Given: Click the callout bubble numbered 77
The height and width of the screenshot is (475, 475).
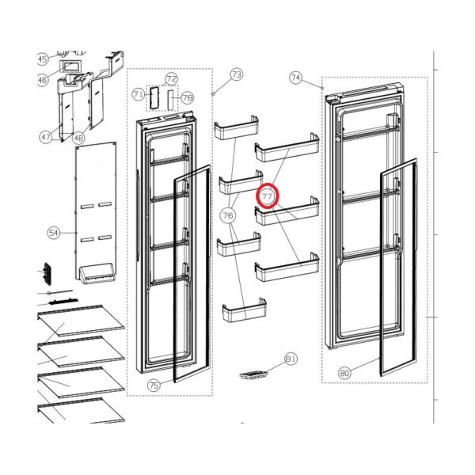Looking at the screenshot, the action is tap(268, 196).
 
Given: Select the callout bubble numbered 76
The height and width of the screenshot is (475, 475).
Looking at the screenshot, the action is tap(228, 215).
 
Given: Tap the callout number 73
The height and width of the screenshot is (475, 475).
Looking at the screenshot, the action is tap(237, 74).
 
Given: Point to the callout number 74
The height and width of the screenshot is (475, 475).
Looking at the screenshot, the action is tap(295, 78).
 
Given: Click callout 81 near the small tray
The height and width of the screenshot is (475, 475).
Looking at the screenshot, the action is tap(291, 359).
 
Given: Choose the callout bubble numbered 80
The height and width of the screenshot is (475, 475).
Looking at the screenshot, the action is tap(344, 373).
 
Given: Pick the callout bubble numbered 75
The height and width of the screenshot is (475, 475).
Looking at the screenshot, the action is tap(154, 386).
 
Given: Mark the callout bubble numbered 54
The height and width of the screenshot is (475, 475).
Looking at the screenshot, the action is tap(53, 233).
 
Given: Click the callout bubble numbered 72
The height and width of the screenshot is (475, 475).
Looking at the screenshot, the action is tap(172, 79).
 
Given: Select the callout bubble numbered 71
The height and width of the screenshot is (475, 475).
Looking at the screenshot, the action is tap(138, 94).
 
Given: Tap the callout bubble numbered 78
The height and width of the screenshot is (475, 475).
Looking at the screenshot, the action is tap(188, 97).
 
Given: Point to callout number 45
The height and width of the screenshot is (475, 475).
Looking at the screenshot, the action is tap(43, 59).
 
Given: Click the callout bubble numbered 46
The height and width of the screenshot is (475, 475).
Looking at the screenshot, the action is tap(43, 80).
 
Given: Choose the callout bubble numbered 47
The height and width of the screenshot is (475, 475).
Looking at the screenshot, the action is tap(45, 137).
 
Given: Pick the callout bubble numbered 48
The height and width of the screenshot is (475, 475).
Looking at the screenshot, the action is tap(78, 138).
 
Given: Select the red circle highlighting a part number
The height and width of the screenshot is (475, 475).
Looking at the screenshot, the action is tap(268, 196).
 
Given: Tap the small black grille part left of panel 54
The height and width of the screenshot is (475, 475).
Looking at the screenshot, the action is tap(47, 274).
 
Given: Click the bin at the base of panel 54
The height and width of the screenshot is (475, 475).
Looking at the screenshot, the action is tap(97, 273).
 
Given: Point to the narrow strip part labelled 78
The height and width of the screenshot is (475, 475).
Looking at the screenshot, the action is tap(171, 100).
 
